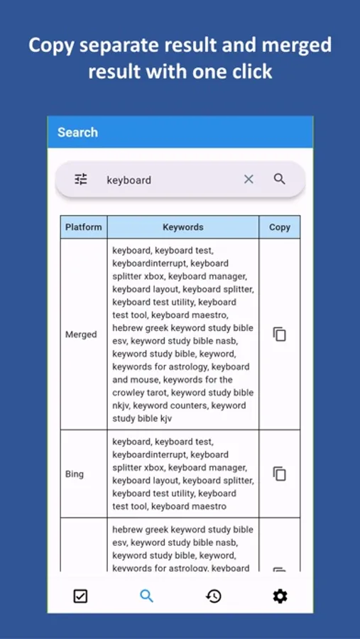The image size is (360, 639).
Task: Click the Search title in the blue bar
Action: coord(77,132)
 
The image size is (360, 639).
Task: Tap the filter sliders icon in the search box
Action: coord(81,180)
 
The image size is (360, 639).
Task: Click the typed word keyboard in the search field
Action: coord(129,180)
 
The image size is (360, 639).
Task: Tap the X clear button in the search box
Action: coord(249,180)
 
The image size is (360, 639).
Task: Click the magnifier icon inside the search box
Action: coord(280,179)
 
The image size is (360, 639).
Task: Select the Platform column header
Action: coord(84,227)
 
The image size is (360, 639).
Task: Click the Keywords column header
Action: coord(182,227)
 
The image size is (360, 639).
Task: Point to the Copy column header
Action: coord(280,227)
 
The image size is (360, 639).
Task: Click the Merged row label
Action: coord(81,334)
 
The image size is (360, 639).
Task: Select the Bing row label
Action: coord(75,474)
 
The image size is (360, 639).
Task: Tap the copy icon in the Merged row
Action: coord(280,334)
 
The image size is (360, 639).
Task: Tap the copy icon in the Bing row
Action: coord(280,474)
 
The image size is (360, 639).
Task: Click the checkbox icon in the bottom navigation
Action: coord(80,596)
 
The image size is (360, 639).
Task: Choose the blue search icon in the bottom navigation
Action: coord(146,596)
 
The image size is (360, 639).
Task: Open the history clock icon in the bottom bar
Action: coord(213,596)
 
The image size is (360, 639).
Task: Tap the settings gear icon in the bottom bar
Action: coord(280,596)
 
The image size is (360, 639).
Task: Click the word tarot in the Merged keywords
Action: coord(154,393)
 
